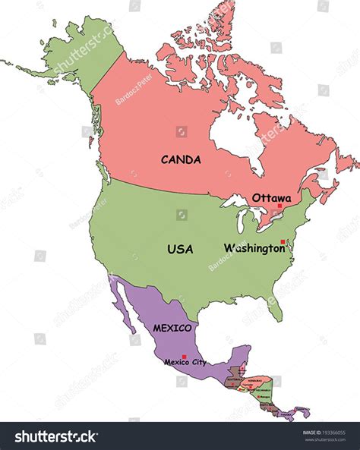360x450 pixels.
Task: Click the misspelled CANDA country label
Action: click(181, 160)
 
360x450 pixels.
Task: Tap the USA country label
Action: click(180, 249)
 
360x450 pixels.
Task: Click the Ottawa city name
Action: click(271, 197)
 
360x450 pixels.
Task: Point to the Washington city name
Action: click(254, 248)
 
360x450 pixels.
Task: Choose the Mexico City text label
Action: click(185, 363)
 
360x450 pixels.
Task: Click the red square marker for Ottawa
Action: click(279, 206)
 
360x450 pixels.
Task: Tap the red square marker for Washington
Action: click(283, 242)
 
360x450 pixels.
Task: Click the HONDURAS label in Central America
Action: click(253, 382)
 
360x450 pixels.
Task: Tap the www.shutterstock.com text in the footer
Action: click(326, 440)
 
